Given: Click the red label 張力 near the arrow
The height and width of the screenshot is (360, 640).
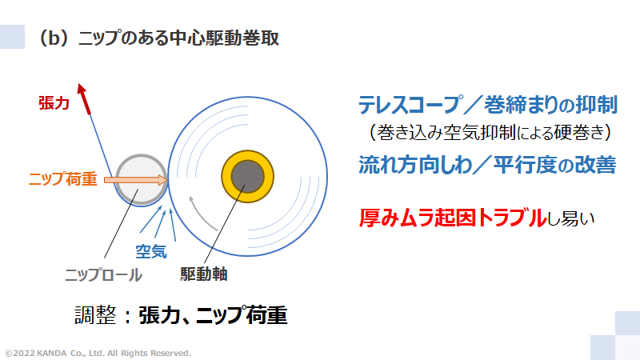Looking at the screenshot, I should pos(54,103).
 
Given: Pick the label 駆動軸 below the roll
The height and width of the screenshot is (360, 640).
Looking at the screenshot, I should pos(204,274).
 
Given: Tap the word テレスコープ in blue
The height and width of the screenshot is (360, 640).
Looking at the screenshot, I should pos(410,104).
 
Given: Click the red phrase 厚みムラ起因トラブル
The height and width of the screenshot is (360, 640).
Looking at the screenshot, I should pos(454,218).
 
